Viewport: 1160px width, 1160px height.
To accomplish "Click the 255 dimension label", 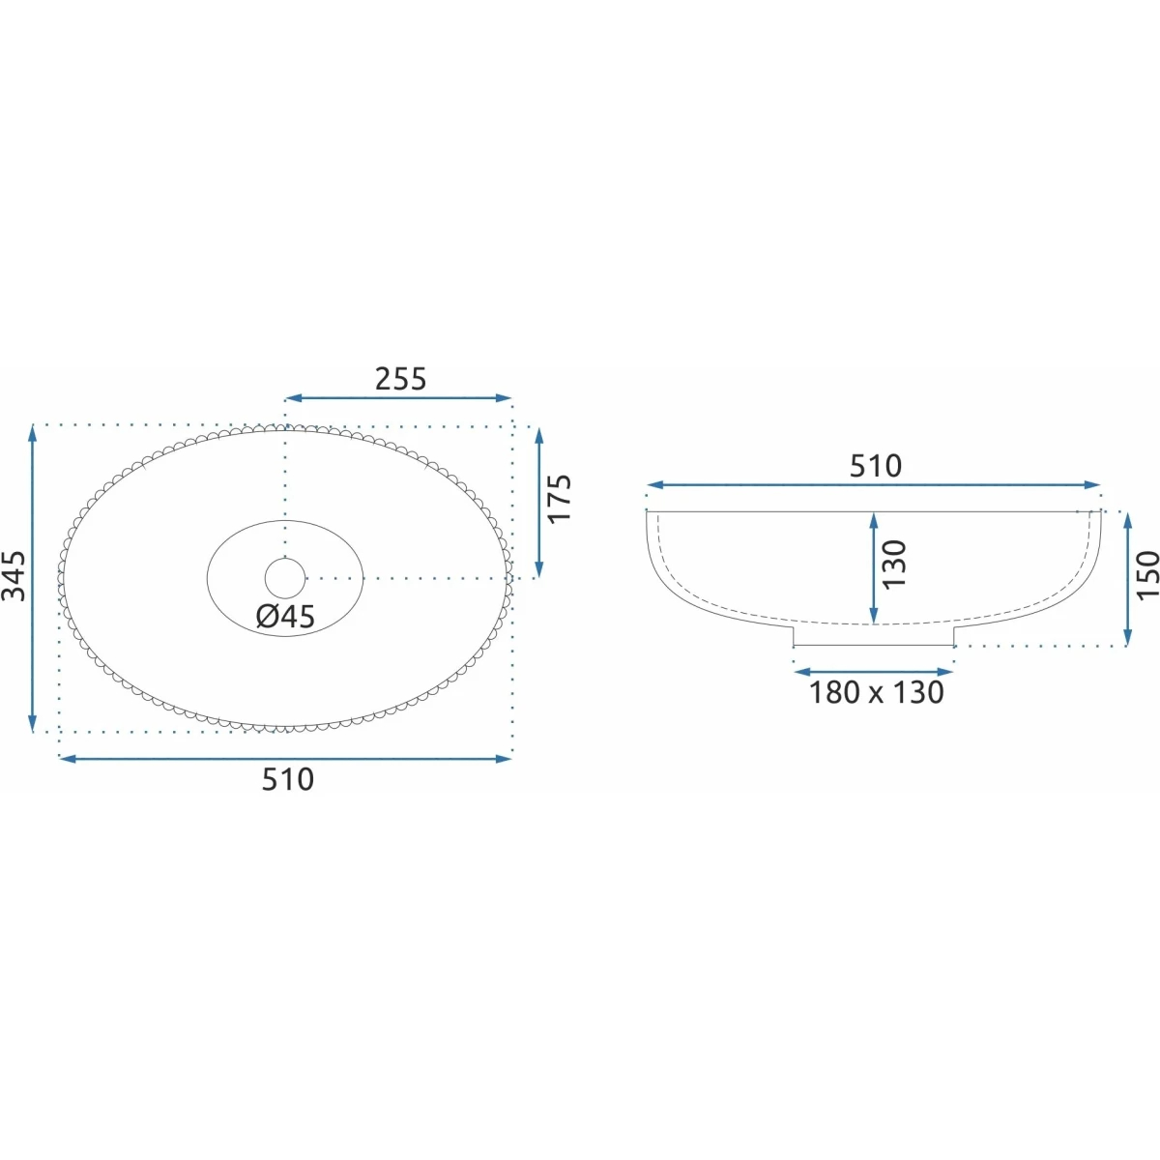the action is (x=400, y=379).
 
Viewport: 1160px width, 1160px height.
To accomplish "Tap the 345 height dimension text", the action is (x=14, y=576).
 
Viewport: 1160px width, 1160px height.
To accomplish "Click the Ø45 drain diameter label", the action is (x=285, y=616).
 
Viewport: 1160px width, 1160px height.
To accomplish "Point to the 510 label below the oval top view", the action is (x=288, y=779).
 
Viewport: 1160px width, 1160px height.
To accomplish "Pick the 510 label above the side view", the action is (x=875, y=466).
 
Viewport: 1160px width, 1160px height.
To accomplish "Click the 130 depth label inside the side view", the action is (x=894, y=564).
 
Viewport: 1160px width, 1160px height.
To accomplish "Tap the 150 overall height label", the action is (x=1148, y=574).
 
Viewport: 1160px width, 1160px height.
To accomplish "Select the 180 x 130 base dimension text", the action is (x=876, y=692).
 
